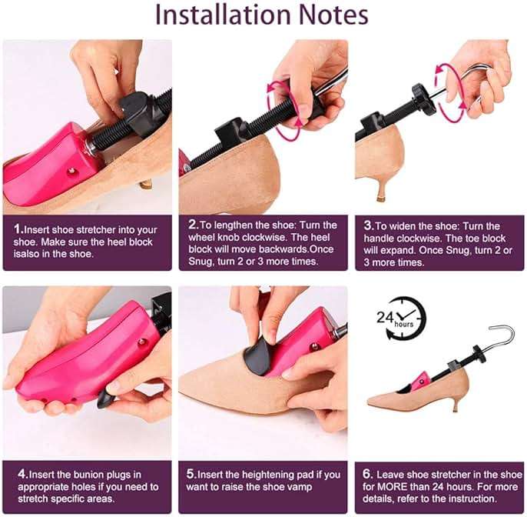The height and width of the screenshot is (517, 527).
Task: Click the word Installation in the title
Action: (223, 15)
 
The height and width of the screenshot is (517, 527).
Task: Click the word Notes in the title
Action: (333, 15)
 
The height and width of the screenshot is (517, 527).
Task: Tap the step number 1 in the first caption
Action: (18, 229)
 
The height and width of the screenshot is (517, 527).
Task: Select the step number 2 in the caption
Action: (193, 225)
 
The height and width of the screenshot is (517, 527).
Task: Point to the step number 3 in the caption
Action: (368, 225)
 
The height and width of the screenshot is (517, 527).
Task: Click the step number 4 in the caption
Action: (22, 474)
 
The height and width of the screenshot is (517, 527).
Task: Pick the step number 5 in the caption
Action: (191, 474)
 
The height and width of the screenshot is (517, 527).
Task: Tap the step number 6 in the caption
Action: (366, 474)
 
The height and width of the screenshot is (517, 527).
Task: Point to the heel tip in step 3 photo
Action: (381, 198)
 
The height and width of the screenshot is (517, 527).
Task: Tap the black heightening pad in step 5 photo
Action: (259, 358)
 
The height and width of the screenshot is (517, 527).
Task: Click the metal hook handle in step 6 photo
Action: (501, 339)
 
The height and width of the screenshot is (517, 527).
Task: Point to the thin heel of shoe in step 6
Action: (456, 404)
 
